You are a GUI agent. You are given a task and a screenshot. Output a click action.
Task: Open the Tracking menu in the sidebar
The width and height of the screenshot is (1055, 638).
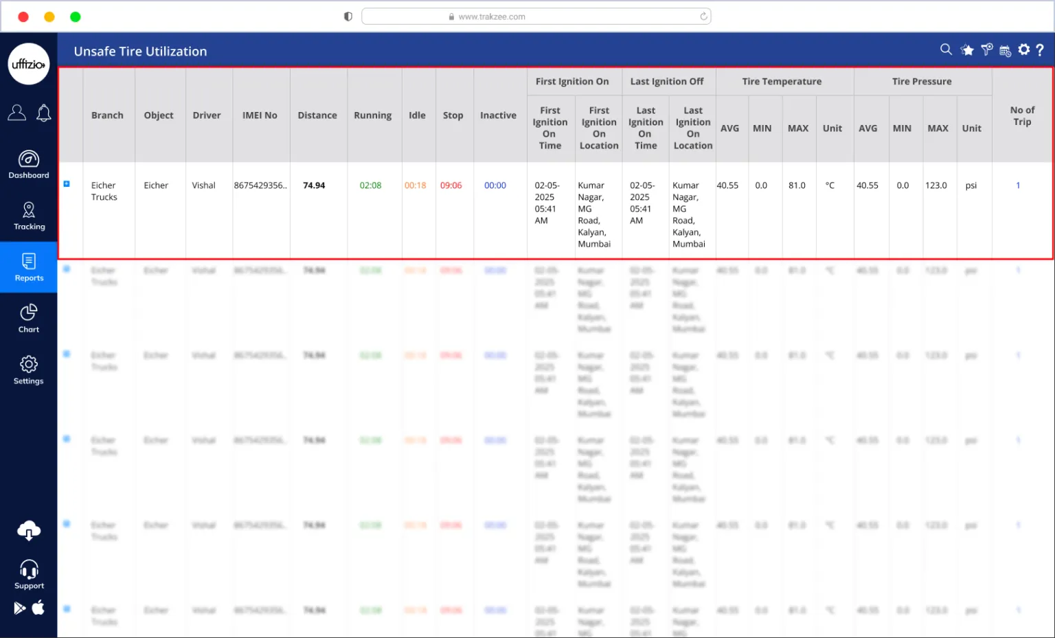[29, 216]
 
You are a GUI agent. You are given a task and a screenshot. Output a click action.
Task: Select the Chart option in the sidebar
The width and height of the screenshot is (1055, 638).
[29, 319]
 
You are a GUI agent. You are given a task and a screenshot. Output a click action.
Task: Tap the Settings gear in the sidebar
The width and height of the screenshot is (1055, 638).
[29, 370]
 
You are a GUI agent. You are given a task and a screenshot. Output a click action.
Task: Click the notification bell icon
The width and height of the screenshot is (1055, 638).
[44, 113]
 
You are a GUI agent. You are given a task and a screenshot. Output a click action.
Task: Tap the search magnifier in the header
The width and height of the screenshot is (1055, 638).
[946, 49]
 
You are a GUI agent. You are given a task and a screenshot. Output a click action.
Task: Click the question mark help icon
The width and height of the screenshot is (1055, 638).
[1040, 49]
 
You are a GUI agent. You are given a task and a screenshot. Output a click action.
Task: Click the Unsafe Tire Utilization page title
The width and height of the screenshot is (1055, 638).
[140, 52]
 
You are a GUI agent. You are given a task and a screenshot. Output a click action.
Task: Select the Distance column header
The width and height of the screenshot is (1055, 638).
[317, 115]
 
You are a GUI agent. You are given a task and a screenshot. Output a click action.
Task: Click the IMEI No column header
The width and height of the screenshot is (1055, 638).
[260, 115]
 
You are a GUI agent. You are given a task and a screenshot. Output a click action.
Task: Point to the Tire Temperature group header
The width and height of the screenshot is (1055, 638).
[782, 81]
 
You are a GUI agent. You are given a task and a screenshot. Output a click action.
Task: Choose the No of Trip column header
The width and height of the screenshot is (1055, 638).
[1022, 115]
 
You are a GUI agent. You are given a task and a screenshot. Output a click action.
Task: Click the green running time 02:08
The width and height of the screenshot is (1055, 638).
[370, 185]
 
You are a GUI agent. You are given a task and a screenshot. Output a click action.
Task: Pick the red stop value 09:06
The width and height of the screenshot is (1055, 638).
[451, 185]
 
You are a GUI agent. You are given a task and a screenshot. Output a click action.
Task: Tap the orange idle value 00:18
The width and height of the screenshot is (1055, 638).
[416, 185]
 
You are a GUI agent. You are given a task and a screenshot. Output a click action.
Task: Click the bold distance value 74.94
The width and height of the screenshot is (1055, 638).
[314, 185]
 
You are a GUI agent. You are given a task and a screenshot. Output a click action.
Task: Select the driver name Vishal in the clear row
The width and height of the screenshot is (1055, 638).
[203, 185]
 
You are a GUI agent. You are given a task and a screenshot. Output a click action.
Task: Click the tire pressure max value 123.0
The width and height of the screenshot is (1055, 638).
[936, 185]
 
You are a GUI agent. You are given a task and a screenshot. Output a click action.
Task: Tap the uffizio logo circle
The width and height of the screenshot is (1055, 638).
[29, 64]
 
